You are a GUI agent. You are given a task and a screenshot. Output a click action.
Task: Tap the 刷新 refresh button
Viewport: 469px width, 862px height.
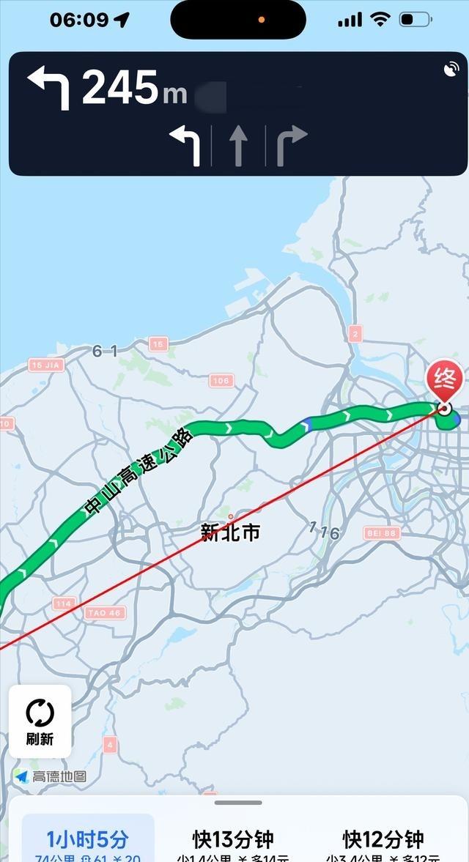point(40,721)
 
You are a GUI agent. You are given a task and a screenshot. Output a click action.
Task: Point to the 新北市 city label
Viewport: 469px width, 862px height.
point(231,532)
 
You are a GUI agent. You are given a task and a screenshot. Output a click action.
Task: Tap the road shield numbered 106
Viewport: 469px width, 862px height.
point(221,380)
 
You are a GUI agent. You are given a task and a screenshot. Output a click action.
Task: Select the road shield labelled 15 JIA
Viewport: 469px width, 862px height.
point(46,365)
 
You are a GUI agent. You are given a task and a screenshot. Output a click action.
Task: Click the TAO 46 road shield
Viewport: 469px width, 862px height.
point(104,613)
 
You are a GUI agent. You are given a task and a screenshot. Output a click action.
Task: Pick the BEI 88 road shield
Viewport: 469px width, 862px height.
point(381,532)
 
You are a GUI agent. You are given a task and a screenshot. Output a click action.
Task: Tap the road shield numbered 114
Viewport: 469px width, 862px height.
point(64,603)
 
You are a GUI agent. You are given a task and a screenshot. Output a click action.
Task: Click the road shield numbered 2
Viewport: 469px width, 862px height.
point(355,334)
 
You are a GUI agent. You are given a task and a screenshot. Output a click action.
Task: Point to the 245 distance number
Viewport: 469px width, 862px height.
point(119,88)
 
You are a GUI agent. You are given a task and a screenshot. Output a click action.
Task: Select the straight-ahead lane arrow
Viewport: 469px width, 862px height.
point(237,144)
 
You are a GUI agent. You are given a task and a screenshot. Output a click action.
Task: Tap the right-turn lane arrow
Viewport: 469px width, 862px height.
point(290,144)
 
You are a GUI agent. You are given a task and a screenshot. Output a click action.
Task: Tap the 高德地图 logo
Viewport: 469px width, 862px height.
point(50,776)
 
